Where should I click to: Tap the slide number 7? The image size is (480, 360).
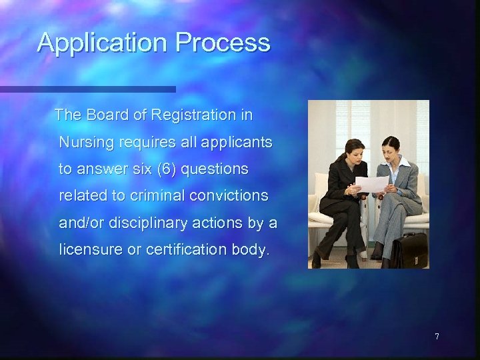(437, 336)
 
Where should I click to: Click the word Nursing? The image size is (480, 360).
(83, 143)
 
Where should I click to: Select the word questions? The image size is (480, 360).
(214, 170)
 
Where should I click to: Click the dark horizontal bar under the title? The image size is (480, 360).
(87, 89)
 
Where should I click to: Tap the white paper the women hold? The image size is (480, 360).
(371, 183)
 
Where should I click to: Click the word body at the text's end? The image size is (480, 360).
(251, 251)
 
